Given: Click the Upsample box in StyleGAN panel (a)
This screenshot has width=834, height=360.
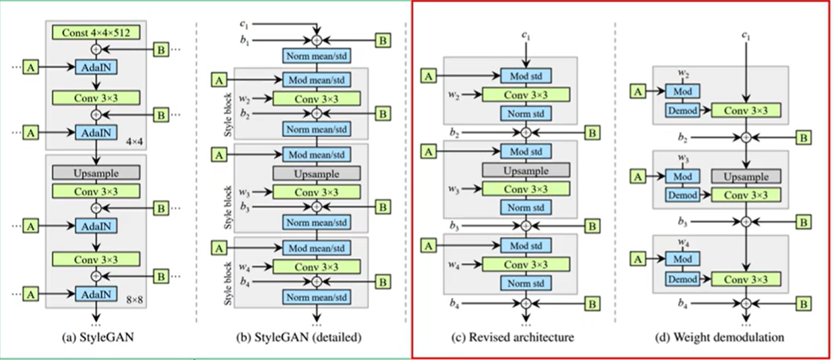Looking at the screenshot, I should tap(96, 172).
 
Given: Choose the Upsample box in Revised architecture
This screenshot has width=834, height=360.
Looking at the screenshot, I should tap(525, 170).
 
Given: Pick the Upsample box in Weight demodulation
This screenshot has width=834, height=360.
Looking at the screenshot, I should tap(747, 177).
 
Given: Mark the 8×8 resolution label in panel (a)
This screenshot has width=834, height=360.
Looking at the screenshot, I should tap(131, 299).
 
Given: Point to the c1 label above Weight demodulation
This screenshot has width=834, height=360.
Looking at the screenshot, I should tap(747, 34).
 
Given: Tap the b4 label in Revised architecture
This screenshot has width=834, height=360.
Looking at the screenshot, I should tap(453, 302).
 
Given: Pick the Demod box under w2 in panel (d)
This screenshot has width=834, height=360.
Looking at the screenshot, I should tap(683, 110).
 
